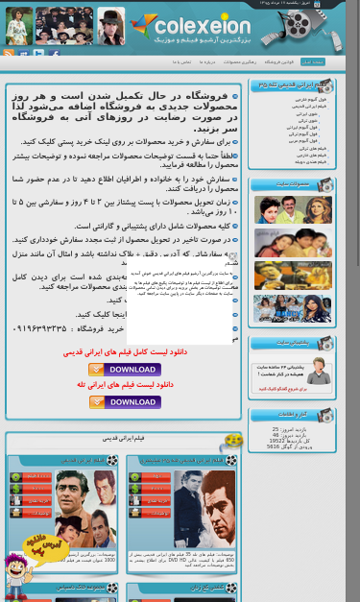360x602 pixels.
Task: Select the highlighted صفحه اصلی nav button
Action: (313, 61)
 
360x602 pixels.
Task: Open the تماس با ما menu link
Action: (182, 61)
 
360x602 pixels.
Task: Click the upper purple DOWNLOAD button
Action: (124, 370)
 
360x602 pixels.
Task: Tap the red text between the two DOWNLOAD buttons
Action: (124, 386)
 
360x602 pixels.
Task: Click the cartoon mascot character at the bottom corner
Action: (17, 575)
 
